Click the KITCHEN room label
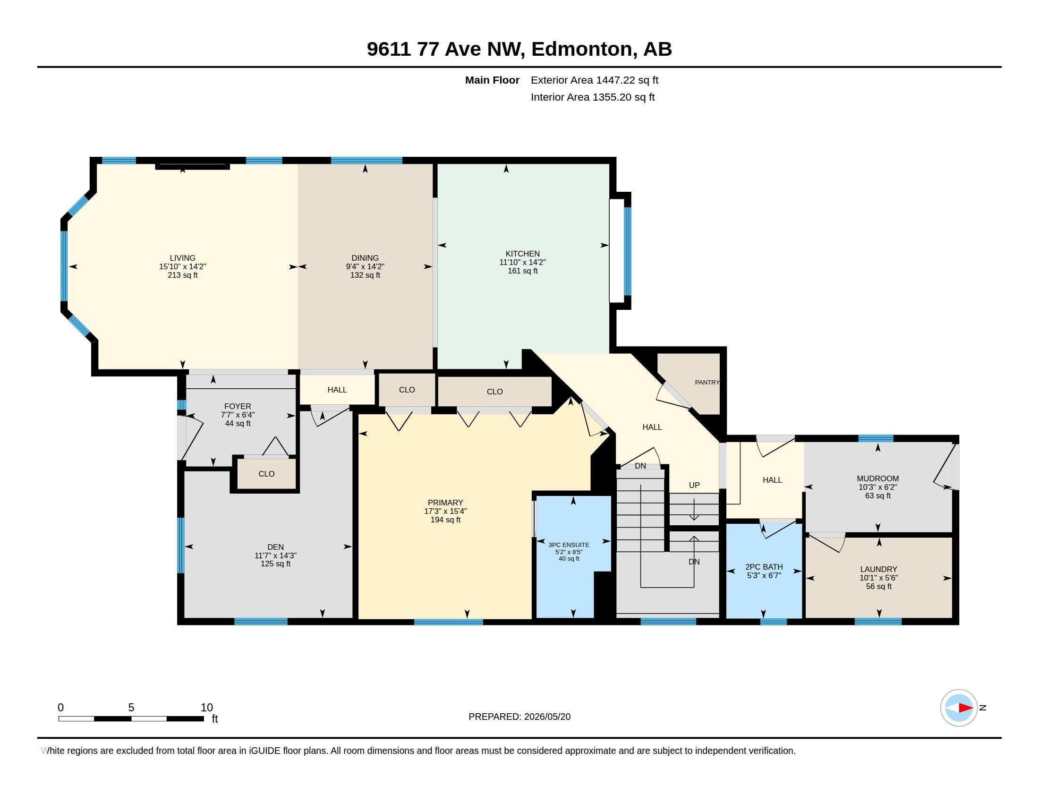522,254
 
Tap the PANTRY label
707,382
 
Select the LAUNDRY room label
879,569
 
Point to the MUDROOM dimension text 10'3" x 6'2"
878,487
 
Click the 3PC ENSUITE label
569,545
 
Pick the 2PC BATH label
764,566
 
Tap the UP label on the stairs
694,485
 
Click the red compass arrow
965,708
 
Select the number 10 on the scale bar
206,708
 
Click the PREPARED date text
519,717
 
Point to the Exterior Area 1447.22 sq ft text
595,80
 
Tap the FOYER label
238,406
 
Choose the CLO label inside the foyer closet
266,474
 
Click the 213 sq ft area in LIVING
183,275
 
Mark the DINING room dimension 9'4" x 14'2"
366,266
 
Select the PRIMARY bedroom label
445,503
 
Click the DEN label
275,547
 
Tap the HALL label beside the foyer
337,390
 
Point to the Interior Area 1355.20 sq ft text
593,97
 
